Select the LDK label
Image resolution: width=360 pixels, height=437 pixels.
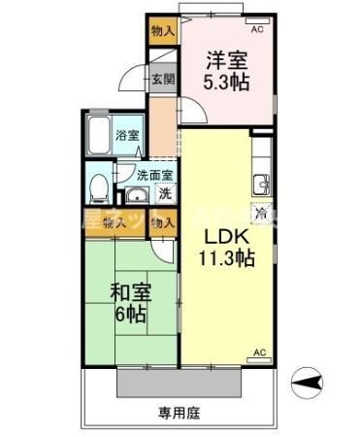coord(226,237)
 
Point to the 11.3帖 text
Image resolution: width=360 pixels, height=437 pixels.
coord(228,258)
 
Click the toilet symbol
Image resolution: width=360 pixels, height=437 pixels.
coord(98,190)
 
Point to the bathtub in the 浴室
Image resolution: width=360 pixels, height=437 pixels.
coord(99,136)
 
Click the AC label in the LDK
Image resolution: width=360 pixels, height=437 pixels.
coord(259,351)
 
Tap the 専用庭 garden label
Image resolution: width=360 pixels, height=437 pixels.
coord(180,413)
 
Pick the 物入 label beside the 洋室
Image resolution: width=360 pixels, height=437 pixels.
coord(162,32)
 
